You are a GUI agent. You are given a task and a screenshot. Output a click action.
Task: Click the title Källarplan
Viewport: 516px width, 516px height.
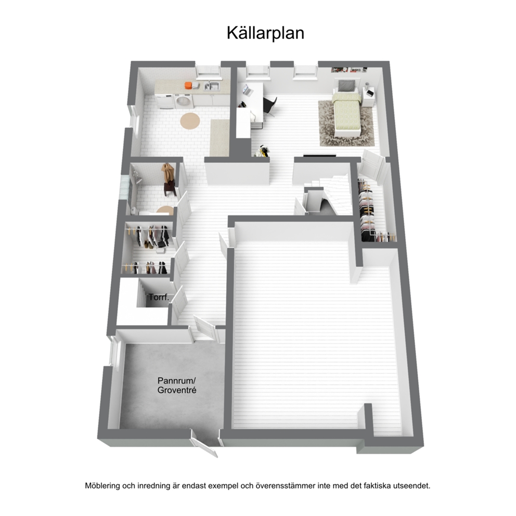click(265, 33)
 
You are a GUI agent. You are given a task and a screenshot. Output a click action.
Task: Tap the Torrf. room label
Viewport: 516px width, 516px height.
click(159, 297)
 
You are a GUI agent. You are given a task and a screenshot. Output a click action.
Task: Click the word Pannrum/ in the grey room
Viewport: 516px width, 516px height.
click(177, 381)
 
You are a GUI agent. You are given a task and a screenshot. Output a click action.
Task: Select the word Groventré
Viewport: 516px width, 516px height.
click(177, 390)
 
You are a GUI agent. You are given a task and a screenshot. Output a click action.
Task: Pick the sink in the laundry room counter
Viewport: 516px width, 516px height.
click(212, 86)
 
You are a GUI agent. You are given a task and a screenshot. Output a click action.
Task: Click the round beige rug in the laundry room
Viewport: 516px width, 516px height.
click(190, 121)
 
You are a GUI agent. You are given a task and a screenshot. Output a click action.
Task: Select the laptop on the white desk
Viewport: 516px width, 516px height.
click(247, 90)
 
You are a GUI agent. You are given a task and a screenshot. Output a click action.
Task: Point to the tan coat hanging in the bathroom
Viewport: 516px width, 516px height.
click(168, 173)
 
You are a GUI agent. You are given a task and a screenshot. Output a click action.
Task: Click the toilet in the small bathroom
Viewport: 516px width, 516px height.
click(134, 211)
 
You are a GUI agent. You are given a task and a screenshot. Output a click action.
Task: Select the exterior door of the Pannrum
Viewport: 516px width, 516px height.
click(204, 445)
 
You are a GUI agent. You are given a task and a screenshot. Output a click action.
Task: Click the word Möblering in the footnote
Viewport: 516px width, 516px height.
click(102, 486)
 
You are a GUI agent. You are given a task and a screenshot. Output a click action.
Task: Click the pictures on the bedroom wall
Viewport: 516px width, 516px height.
click(350, 69)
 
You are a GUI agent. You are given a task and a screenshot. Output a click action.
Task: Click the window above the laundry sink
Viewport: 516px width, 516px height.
click(208, 73)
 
